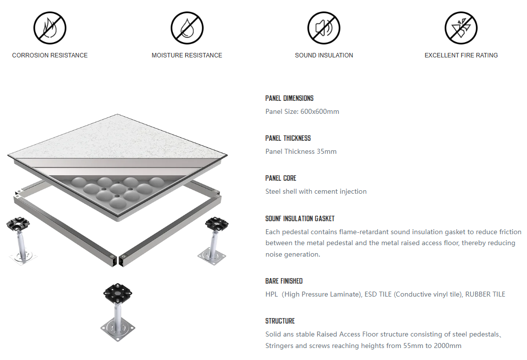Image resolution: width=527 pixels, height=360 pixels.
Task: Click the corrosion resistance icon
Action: [x=50, y=28]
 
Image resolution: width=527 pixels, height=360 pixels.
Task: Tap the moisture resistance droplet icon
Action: [x=187, y=28]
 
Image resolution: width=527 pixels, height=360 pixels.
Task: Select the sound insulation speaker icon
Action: [x=324, y=28]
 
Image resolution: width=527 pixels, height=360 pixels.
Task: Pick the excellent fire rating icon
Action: [x=461, y=28]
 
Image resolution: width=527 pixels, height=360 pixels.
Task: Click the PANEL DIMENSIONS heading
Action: [x=289, y=98]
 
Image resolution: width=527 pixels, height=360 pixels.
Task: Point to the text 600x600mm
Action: [x=320, y=111]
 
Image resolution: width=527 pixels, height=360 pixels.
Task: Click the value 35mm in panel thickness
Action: [x=327, y=151]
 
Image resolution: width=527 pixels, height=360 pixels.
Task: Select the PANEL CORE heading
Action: [x=281, y=178]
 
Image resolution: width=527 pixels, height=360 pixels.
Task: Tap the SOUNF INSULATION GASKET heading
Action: [x=300, y=219]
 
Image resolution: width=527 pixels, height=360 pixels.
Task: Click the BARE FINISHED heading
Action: [x=284, y=281]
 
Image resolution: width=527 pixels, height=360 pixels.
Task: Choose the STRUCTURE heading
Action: [x=280, y=321]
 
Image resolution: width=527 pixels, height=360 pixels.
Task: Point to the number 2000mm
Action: [x=447, y=346]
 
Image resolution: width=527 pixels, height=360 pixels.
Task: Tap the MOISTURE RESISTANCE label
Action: [x=187, y=55]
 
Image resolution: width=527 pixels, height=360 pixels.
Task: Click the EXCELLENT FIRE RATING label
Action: [x=461, y=55]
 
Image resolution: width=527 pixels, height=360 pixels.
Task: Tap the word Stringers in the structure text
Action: [x=281, y=346]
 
